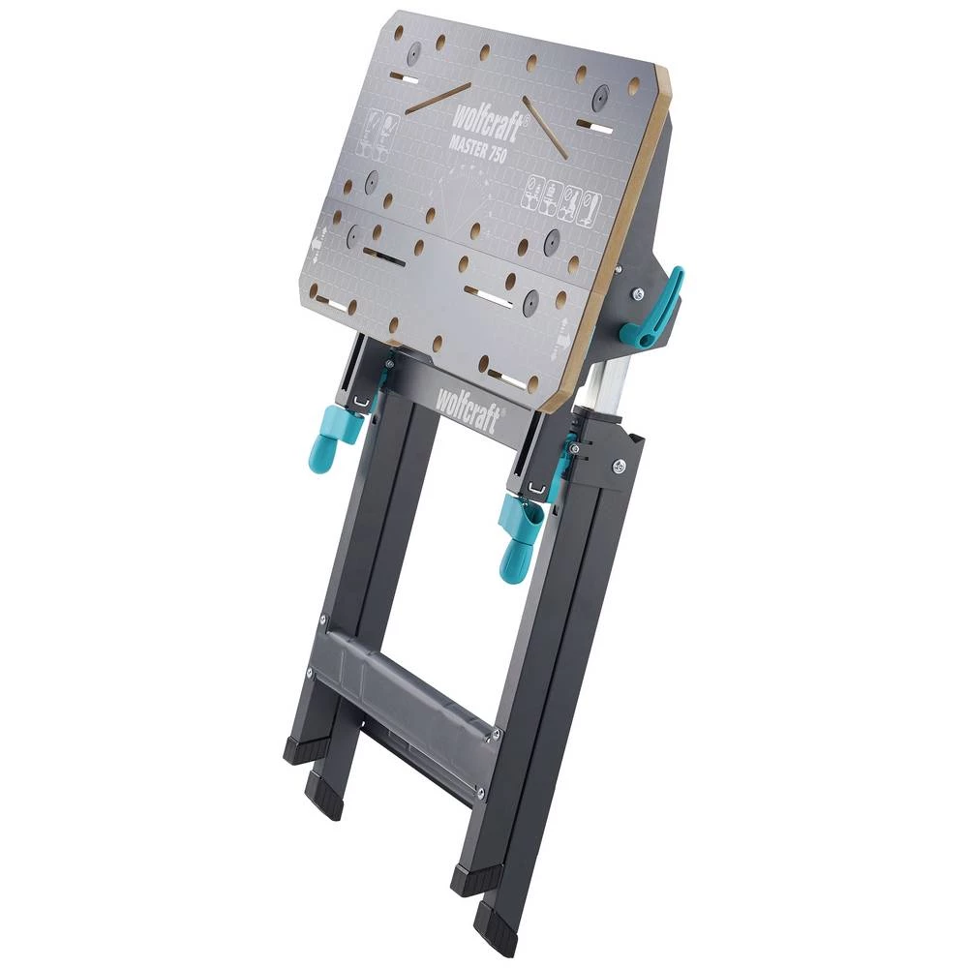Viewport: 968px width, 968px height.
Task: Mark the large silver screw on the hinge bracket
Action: pyautogui.click(x=618, y=468)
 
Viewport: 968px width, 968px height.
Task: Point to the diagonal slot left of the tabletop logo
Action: pyautogui.click(x=438, y=97)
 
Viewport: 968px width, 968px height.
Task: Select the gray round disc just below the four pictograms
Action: pyautogui.click(x=554, y=241)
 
